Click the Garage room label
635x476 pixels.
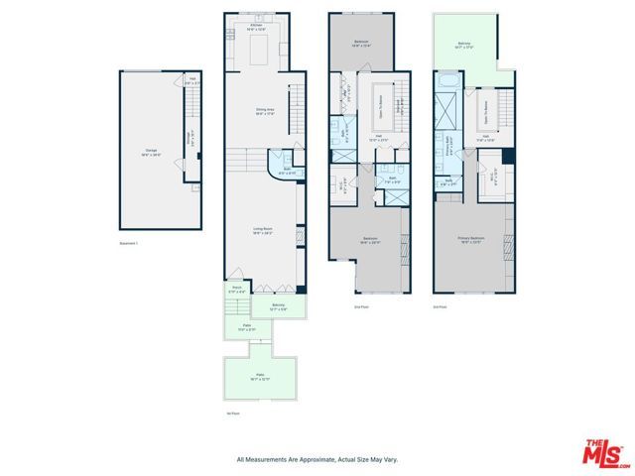pos(152,152)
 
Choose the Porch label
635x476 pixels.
pos(237,292)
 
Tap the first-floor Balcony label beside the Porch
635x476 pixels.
pos(279,307)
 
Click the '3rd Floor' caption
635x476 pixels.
pos(440,307)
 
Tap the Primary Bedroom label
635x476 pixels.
pos(469,240)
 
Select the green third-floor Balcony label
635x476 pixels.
pos(464,45)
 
